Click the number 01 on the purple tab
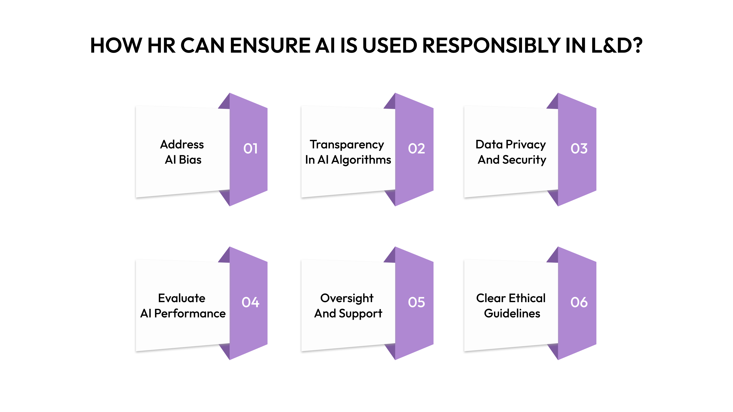[250, 149]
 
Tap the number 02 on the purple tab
[416, 149]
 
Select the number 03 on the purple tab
[579, 149]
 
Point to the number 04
[250, 302]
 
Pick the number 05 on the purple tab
[416, 302]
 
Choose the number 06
[579, 302]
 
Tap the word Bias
[190, 160]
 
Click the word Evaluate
[181, 298]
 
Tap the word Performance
[190, 313]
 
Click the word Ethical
[527, 298]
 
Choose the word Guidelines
[512, 313]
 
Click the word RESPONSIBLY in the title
[491, 46]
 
